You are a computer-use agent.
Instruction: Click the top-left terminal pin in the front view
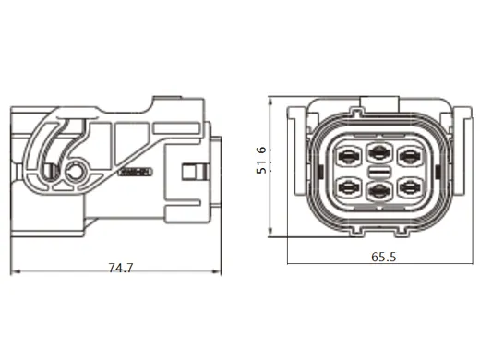click(350, 153)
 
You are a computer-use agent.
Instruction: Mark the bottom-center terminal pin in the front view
click(378, 191)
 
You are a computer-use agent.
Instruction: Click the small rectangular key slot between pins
click(378, 172)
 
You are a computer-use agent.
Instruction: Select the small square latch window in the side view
click(191, 173)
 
